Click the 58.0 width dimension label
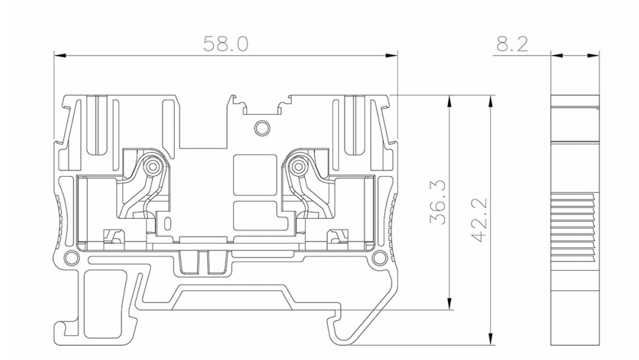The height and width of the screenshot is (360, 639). click(x=225, y=44)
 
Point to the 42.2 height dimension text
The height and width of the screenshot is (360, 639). click(x=480, y=219)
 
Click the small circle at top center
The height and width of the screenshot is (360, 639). click(x=262, y=128)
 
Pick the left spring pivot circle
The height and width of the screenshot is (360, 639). click(x=153, y=166)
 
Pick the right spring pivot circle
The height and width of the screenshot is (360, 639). click(x=298, y=166)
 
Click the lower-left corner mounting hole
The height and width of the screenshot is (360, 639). click(x=72, y=257)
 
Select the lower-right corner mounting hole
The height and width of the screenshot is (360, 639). click(x=380, y=257)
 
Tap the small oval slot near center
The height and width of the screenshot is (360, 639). click(x=167, y=223)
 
